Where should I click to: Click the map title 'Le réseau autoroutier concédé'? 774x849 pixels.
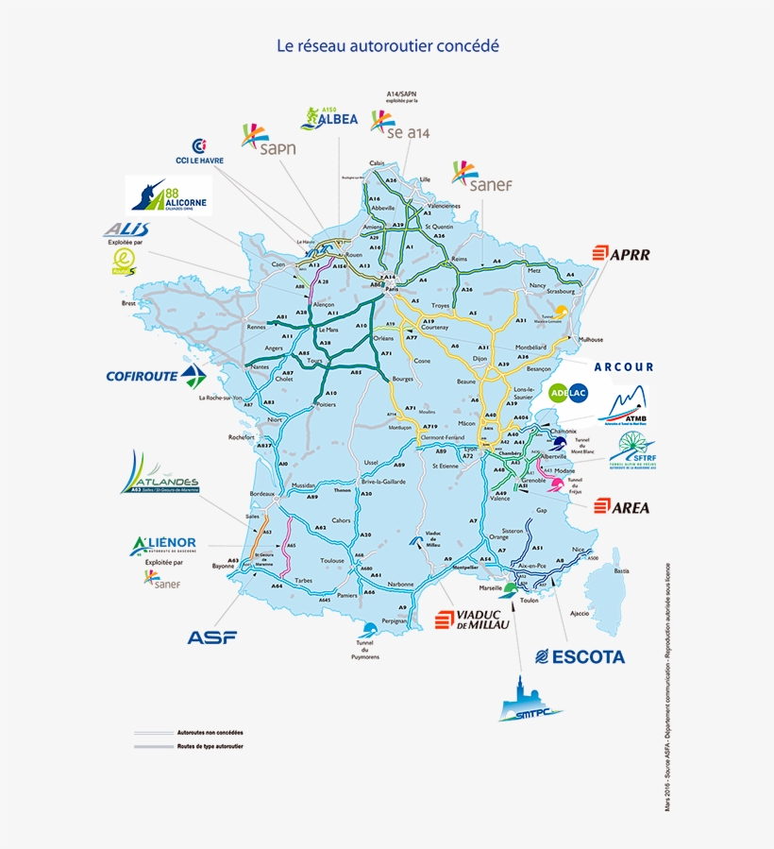[x=387, y=45]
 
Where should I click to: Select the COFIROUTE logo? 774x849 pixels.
[x=156, y=376]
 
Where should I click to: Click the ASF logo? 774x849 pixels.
[x=211, y=637]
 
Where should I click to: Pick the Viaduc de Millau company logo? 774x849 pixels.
[x=471, y=620]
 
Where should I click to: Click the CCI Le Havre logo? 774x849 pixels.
[x=199, y=151]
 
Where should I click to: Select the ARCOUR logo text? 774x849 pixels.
[x=623, y=366]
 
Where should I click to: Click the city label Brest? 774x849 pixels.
[x=129, y=303]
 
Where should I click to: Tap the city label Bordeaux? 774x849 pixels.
[x=261, y=494]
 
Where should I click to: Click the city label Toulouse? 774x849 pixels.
[x=332, y=560]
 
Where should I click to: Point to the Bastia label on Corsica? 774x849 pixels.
[x=620, y=571]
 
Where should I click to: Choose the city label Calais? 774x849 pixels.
[x=378, y=162]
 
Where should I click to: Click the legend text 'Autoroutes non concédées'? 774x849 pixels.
[x=210, y=733]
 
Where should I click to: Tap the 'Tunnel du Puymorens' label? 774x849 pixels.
[x=365, y=650]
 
